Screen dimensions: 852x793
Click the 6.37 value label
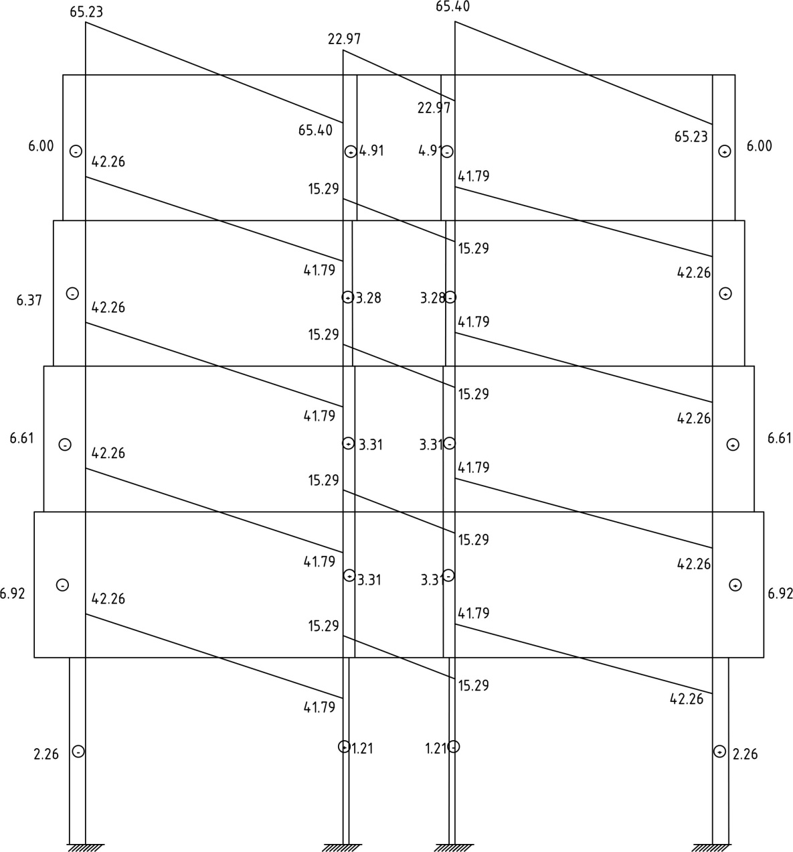pyautogui.click(x=29, y=301)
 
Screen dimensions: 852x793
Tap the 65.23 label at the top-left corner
pyautogui.click(x=86, y=11)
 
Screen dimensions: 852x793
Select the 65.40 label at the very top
pyautogui.click(x=452, y=7)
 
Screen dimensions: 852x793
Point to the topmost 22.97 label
pyautogui.click(x=345, y=39)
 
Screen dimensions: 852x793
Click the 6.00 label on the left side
pyautogui.click(x=41, y=146)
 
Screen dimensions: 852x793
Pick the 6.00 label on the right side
pyautogui.click(x=759, y=146)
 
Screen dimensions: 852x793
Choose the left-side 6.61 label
pyautogui.click(x=21, y=439)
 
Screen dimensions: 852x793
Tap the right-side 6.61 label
pyautogui.click(x=779, y=439)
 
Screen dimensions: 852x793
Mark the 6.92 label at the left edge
pyautogui.click(x=13, y=593)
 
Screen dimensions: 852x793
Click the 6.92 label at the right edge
pyautogui.click(x=780, y=593)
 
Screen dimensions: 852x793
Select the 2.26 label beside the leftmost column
pyautogui.click(x=46, y=754)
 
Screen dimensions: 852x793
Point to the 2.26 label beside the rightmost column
pyautogui.click(x=745, y=754)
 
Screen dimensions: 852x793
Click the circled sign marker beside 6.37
pyautogui.click(x=72, y=293)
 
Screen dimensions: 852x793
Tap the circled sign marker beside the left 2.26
pyautogui.click(x=78, y=752)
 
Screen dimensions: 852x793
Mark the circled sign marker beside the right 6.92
pyautogui.click(x=735, y=585)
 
